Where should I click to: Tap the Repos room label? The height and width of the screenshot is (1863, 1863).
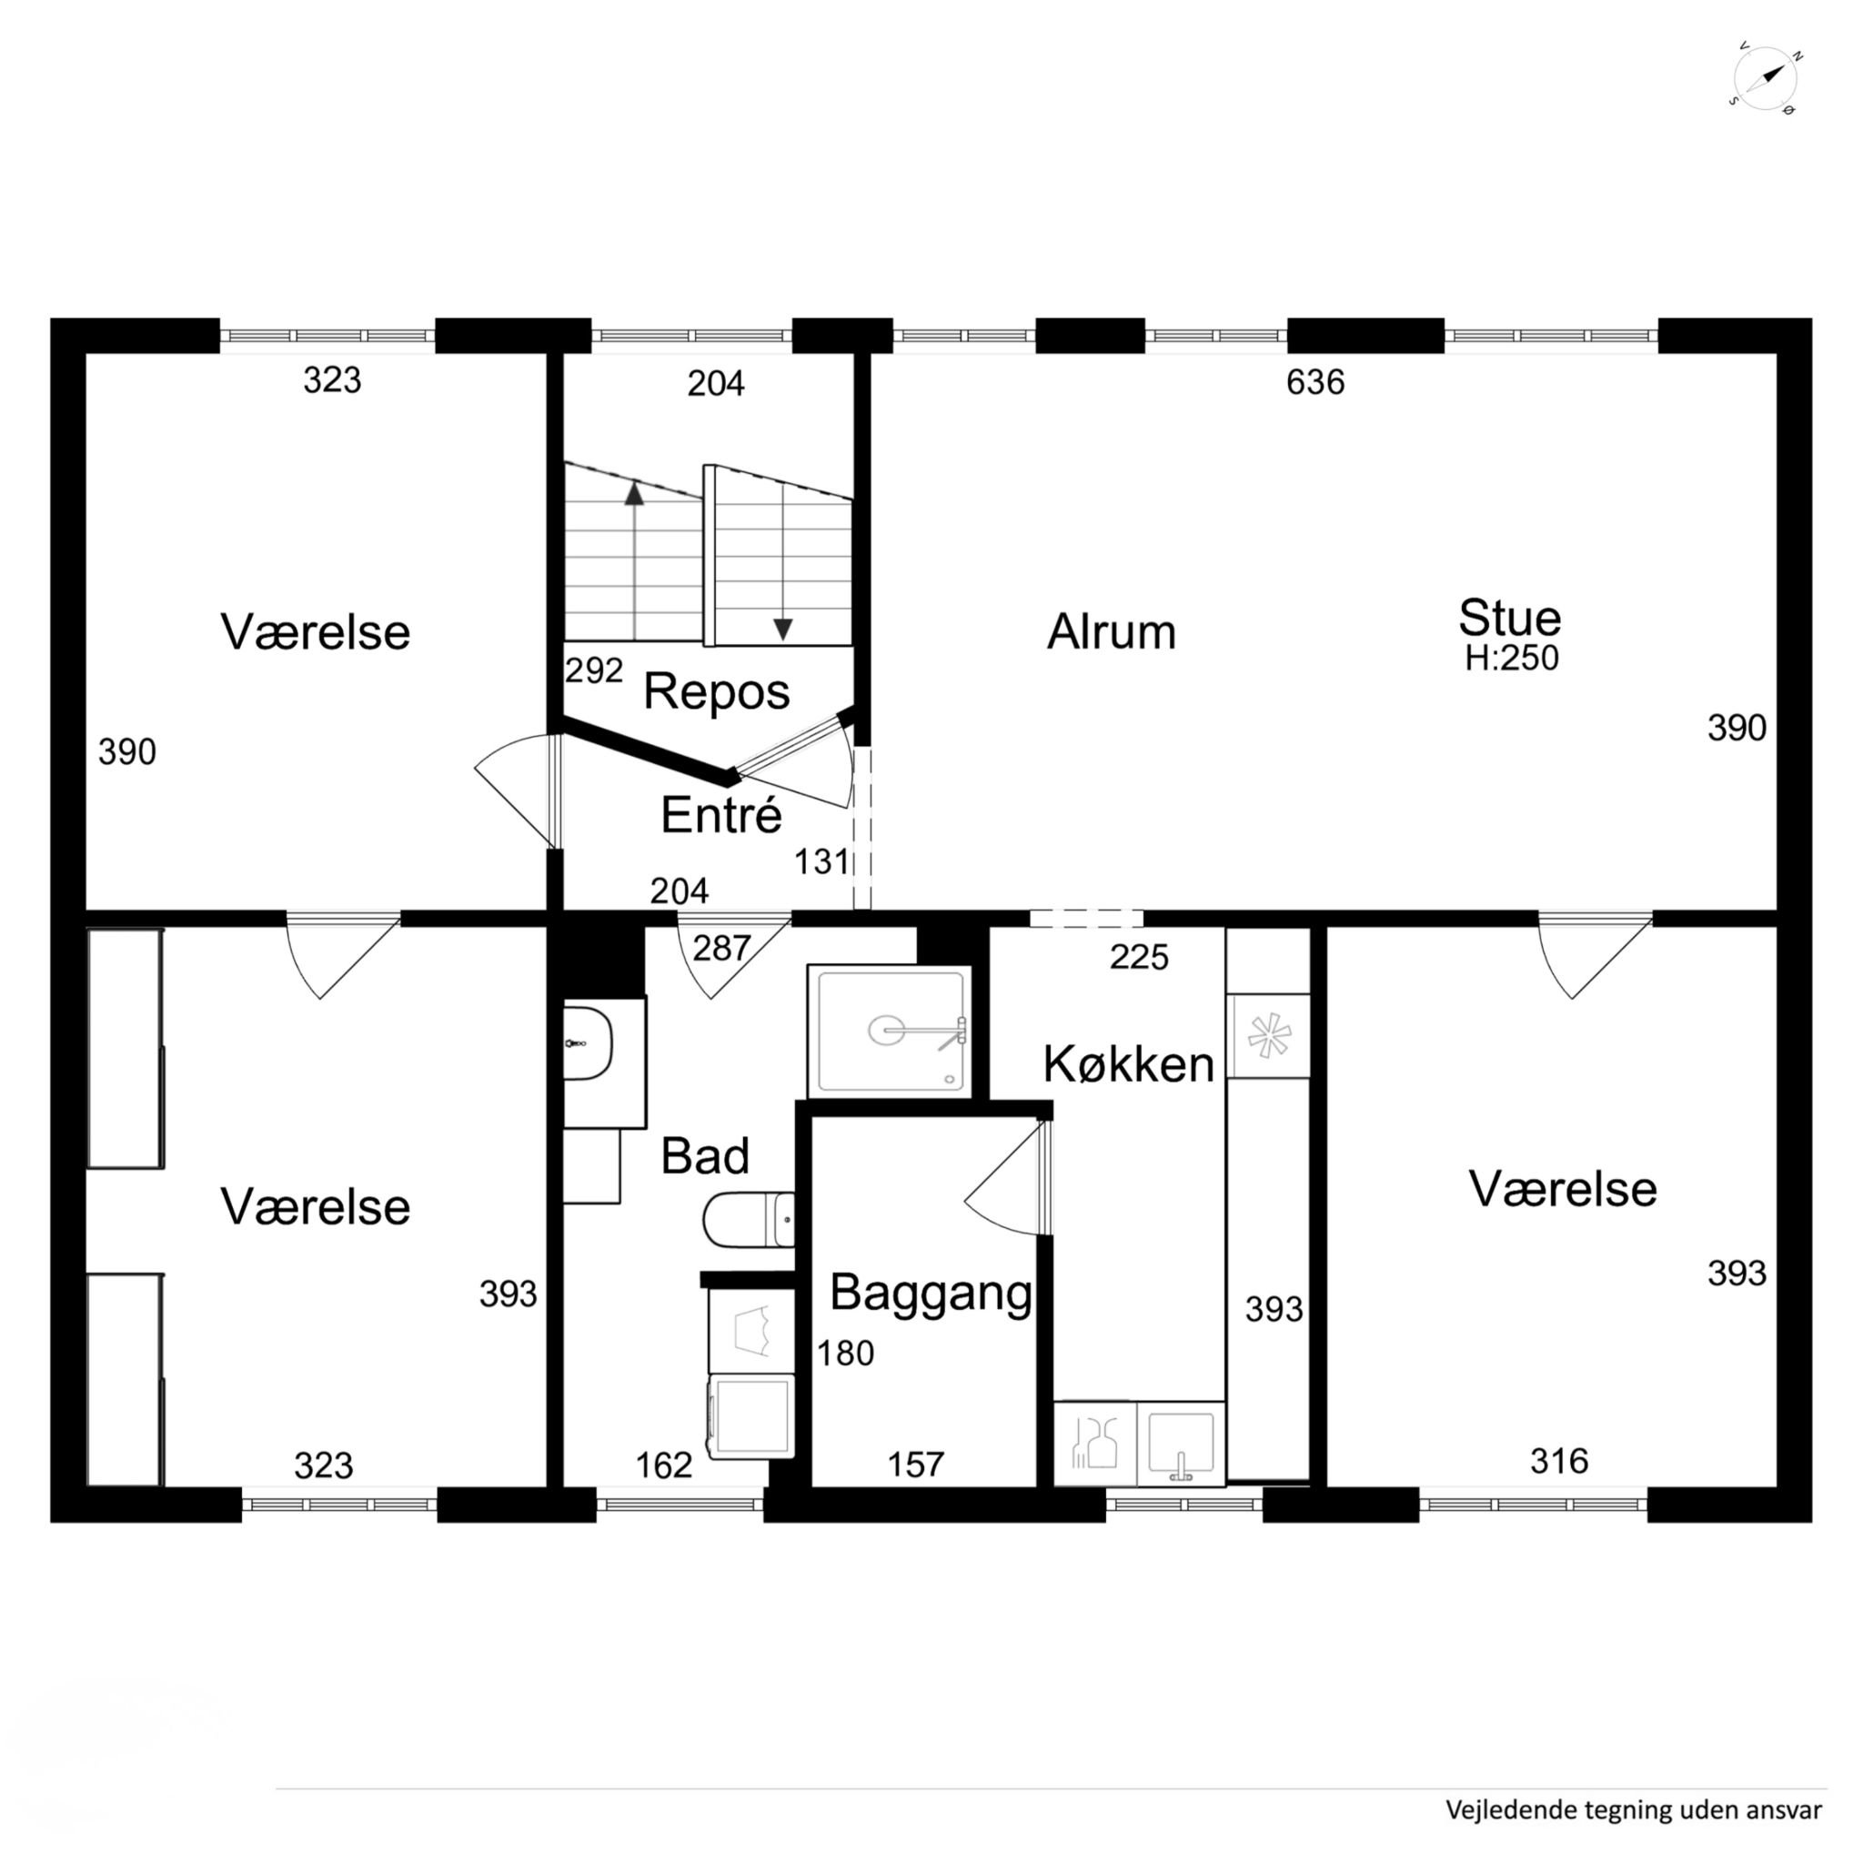[x=717, y=691]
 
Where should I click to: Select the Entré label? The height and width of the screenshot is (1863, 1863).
[x=721, y=815]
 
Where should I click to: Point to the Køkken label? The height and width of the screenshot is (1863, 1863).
[x=1128, y=1064]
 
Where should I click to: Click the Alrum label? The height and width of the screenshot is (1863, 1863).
[x=1112, y=632]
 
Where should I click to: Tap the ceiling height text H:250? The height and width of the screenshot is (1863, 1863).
[x=1511, y=658]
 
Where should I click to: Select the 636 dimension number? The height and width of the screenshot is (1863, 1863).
[x=1315, y=382]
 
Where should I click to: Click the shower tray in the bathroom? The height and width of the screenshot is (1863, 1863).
[x=889, y=1031]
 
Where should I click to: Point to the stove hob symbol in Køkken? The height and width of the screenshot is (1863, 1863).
[x=1268, y=1035]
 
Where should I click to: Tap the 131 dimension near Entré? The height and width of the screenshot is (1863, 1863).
[x=821, y=861]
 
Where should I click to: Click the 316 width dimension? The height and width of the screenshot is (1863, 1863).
[x=1559, y=1461]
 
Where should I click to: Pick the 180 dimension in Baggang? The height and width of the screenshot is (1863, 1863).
[x=846, y=1354]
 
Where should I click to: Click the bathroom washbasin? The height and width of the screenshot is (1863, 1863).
[x=588, y=1043]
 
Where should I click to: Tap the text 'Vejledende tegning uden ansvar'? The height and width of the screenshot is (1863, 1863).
[x=1634, y=1810]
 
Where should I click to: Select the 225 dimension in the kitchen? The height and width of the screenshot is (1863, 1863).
[x=1139, y=957]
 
